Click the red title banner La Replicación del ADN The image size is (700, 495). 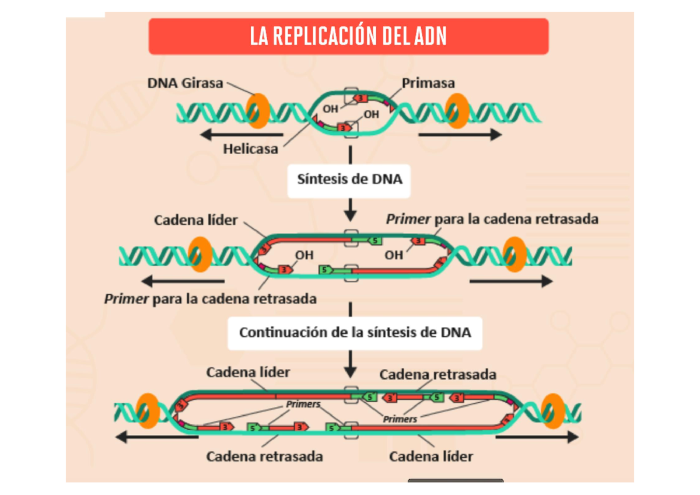[348, 36]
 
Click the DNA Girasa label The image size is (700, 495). [185, 83]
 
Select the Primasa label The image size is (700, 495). [428, 83]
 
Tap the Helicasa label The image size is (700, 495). [250, 149]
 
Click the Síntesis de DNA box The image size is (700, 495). [349, 179]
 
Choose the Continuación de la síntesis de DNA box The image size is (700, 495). [355, 333]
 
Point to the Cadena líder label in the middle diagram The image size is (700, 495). [196, 220]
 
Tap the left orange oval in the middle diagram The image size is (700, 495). [199, 254]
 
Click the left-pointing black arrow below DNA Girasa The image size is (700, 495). [240, 135]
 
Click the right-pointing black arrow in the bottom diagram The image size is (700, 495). [537, 437]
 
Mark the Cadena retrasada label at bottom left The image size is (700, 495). [264, 456]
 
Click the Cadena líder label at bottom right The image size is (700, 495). [431, 456]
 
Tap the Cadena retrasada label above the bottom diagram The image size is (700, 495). [437, 374]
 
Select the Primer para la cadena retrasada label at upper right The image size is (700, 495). [492, 219]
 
